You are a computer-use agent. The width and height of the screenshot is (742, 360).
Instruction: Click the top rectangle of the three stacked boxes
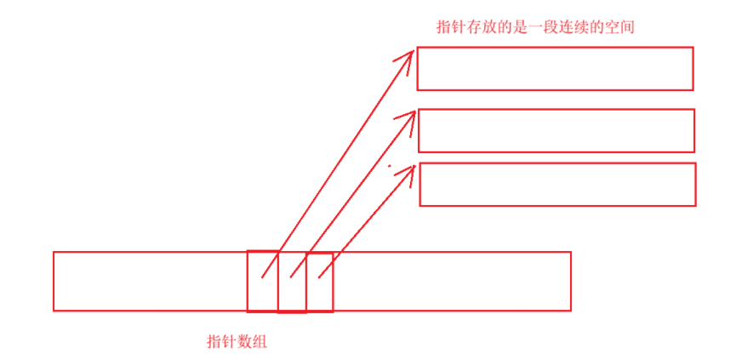tap(555, 68)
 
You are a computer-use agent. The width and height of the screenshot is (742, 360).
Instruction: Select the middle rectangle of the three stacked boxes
tap(556, 130)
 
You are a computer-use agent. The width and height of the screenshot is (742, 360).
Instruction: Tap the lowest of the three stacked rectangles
tap(557, 184)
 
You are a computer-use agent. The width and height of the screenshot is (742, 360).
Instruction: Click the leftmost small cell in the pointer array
tap(262, 281)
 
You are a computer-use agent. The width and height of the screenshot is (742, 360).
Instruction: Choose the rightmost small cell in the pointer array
tap(320, 282)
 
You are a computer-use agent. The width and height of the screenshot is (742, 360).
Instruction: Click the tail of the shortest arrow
tap(319, 276)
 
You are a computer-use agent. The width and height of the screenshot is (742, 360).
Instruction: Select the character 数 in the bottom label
tap(243, 342)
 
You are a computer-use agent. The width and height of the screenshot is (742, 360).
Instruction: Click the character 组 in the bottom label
tap(260, 342)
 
